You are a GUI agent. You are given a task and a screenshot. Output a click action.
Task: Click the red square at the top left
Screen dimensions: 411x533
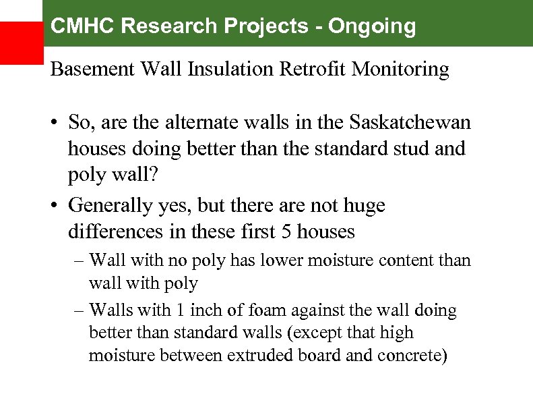21,43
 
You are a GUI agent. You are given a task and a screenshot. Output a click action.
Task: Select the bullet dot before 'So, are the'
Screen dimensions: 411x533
56,124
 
